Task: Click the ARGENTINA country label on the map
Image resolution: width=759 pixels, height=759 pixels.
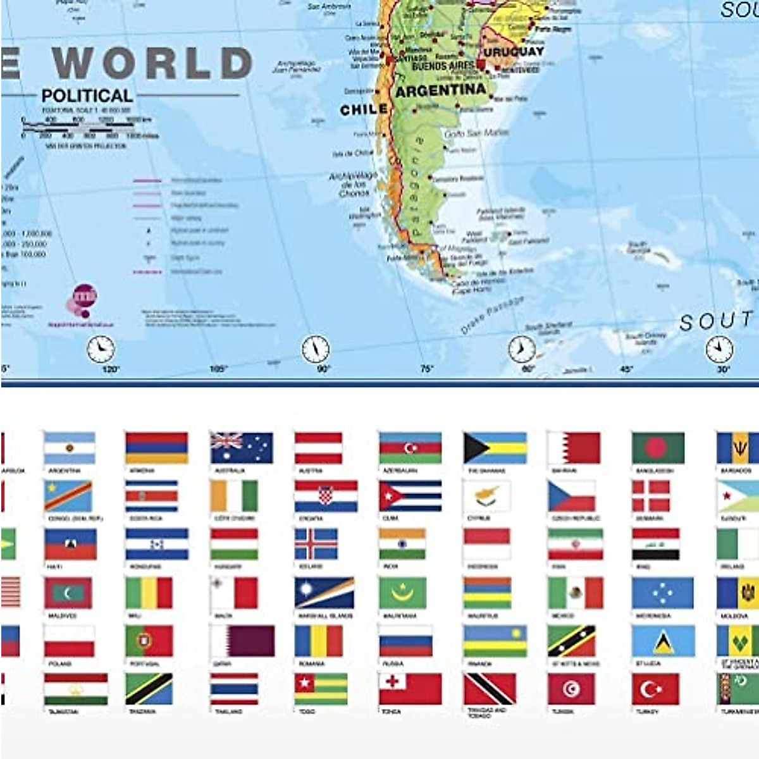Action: click(x=441, y=90)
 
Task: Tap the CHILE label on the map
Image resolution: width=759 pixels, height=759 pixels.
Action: click(x=364, y=109)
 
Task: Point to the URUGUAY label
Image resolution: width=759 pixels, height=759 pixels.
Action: click(x=513, y=51)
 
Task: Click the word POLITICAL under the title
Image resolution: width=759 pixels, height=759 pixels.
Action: click(x=87, y=96)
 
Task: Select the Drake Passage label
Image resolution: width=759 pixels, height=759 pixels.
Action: click(x=492, y=314)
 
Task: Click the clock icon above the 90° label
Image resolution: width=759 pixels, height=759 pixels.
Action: click(x=315, y=349)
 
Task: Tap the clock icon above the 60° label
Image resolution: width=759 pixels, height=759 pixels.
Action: click(x=522, y=349)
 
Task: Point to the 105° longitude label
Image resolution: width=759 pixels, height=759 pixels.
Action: click(x=218, y=368)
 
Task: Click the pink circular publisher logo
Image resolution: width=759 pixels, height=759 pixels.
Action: click(x=85, y=296)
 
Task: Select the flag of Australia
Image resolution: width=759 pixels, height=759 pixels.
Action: click(x=242, y=448)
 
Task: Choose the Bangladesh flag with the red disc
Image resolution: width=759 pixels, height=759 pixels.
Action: click(x=658, y=448)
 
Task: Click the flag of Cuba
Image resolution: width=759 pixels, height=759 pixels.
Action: click(x=410, y=496)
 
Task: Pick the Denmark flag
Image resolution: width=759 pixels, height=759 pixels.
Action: click(x=651, y=496)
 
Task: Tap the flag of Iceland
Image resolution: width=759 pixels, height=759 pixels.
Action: click(x=316, y=544)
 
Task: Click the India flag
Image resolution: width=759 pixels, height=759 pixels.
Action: click(x=402, y=544)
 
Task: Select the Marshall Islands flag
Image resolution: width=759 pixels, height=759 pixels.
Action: click(x=324, y=593)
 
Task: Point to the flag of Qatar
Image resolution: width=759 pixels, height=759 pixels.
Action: click(x=242, y=641)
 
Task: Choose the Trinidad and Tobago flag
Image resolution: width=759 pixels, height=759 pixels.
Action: click(x=490, y=689)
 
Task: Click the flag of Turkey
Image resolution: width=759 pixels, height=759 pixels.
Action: click(x=655, y=689)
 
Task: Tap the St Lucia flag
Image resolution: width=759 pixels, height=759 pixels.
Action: click(x=662, y=641)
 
